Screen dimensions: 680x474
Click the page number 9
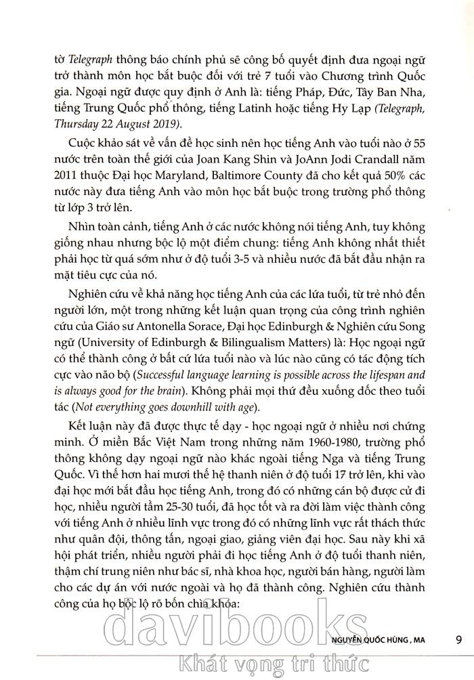click(459, 639)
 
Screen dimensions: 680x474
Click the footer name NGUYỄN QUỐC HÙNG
click(368, 639)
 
